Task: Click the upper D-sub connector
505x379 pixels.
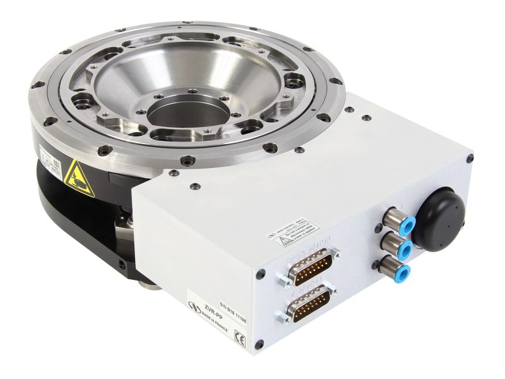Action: click(x=309, y=268)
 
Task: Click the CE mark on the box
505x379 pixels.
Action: click(x=239, y=336)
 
